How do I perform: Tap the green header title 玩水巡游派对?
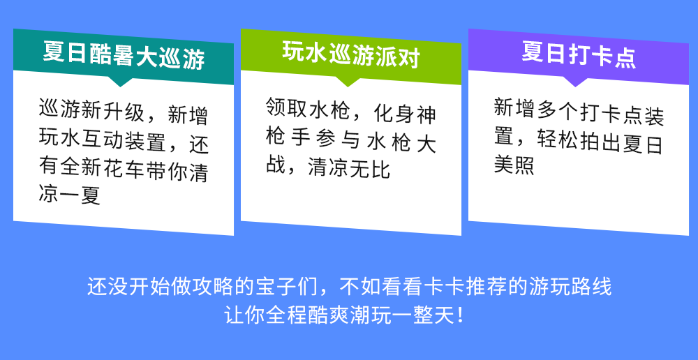click(x=351, y=54)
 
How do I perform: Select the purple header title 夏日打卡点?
click(x=579, y=54)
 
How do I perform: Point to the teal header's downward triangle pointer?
click(x=119, y=82)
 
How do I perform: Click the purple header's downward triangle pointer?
click(x=576, y=82)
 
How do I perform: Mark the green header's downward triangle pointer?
click(x=348, y=82)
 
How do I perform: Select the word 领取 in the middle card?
click(x=286, y=107)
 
